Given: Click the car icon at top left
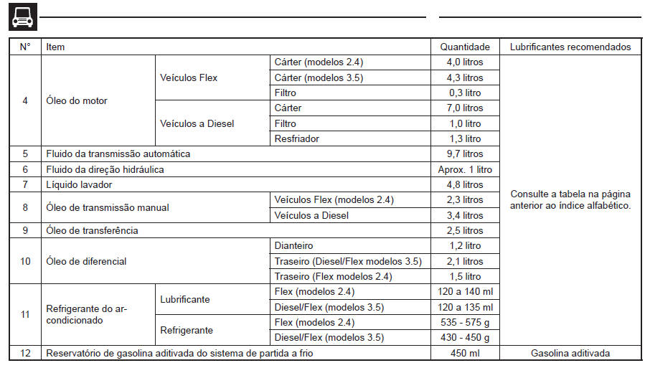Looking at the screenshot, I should (x=22, y=16).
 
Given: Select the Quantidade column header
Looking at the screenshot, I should (x=464, y=47).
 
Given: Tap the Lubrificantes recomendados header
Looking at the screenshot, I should (x=570, y=47).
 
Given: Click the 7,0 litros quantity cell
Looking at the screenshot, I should (x=464, y=108).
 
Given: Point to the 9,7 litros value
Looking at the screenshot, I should (x=464, y=154).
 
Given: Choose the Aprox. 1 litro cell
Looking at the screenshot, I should (x=464, y=169).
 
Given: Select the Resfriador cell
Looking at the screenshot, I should (x=297, y=138).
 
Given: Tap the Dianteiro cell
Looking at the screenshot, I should (x=294, y=245).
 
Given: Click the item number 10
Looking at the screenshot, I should (x=25, y=261).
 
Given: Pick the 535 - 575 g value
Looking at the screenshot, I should (x=464, y=322).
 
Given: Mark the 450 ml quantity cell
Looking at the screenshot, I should (x=464, y=352).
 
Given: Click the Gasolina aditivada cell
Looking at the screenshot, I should (x=570, y=352).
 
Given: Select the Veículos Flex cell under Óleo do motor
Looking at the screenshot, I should (x=189, y=77).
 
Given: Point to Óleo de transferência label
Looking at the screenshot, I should (x=92, y=230).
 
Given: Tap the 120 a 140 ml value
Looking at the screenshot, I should (x=464, y=291).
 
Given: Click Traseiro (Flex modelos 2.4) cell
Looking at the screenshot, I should (x=333, y=276).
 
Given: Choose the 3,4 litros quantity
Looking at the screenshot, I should (x=464, y=215).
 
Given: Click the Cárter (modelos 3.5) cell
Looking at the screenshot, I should (x=313, y=77).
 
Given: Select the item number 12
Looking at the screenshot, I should (x=25, y=352).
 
